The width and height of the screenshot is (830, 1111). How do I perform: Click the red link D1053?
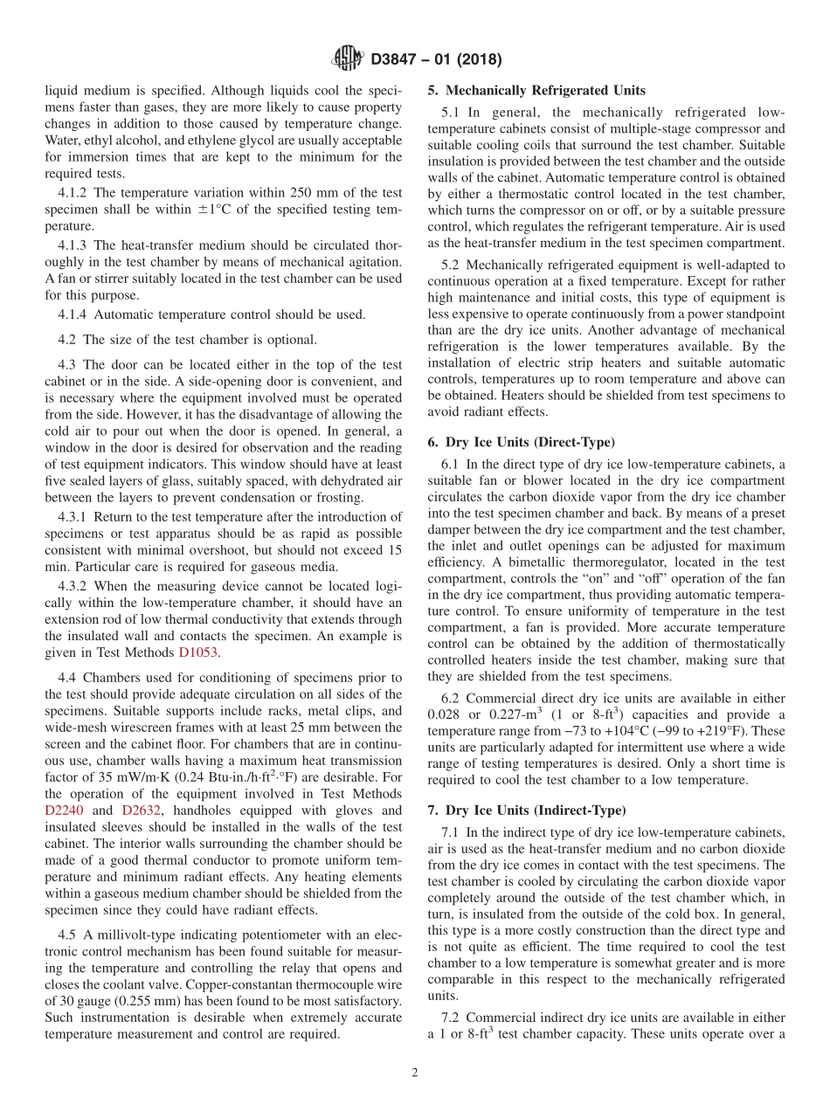[197, 652]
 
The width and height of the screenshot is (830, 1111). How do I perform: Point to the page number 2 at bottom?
[415, 1073]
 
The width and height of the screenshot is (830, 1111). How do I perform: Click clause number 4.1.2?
[73, 192]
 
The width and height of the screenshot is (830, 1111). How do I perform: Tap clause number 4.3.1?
[73, 517]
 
